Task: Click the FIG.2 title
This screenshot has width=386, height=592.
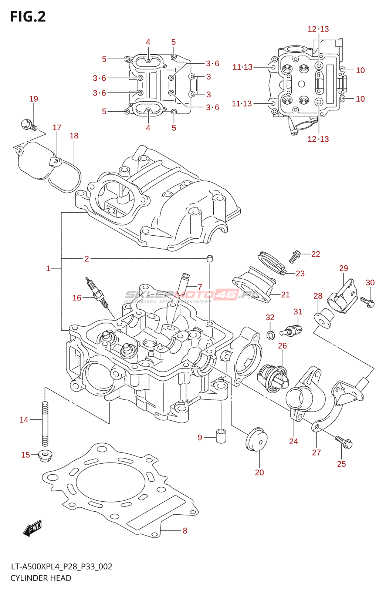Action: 28,17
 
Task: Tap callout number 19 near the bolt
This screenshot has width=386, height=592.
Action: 34,99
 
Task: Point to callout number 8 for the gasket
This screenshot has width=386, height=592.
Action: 185,531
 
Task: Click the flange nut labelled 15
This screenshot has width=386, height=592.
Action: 45,455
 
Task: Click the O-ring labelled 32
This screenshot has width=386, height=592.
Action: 271,335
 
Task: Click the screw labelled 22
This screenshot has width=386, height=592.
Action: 295,256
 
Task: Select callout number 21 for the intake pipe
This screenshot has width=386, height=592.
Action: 285,295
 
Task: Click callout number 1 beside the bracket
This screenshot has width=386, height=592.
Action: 48,268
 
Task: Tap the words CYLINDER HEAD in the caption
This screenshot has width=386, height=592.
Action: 41,578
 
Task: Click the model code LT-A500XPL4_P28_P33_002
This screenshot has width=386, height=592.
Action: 61,566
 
